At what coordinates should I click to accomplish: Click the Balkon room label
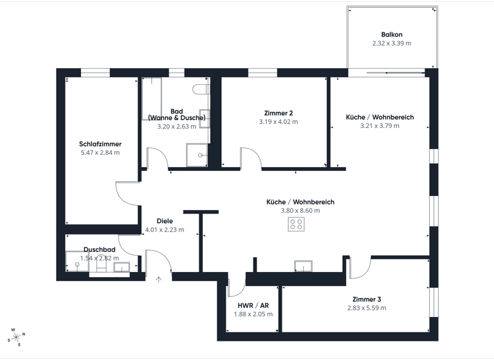pyautogui.click(x=392, y=35)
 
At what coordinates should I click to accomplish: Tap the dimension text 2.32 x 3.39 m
pyautogui.click(x=392, y=44)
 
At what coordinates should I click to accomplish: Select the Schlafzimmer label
pyautogui.click(x=100, y=144)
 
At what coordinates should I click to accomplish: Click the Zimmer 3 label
pyautogui.click(x=367, y=300)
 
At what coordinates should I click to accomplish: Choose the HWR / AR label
pyautogui.click(x=253, y=305)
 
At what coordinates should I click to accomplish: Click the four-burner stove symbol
pyautogui.click(x=297, y=224)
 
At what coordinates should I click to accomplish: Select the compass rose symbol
pyautogui.click(x=15, y=336)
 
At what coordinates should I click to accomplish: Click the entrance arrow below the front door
pyautogui.click(x=159, y=279)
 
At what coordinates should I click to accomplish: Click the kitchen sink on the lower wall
pyautogui.click(x=303, y=265)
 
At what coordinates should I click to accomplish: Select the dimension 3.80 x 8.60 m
pyautogui.click(x=300, y=211)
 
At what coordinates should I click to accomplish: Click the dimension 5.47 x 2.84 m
pyautogui.click(x=100, y=153)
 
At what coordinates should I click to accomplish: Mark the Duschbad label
pyautogui.click(x=100, y=249)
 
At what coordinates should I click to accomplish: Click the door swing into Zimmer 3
pyautogui.click(x=359, y=267)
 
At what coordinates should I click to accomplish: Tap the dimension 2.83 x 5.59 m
pyautogui.click(x=367, y=309)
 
